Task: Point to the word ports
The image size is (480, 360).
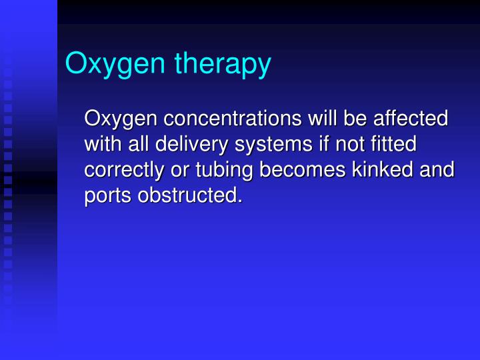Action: pyautogui.click(x=105, y=195)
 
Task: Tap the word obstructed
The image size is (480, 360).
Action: pyautogui.click(x=187, y=195)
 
